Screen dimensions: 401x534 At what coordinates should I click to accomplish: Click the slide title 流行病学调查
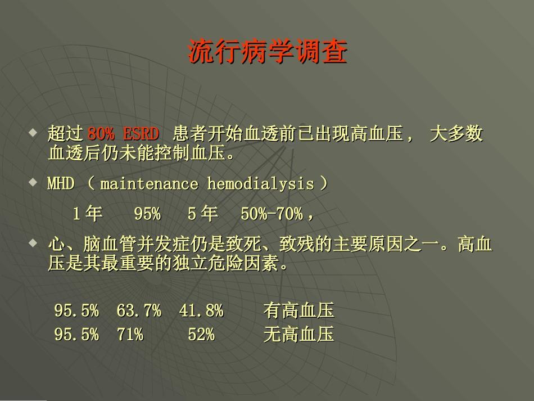(x=268, y=52)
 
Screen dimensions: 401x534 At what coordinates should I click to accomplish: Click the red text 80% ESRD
(x=123, y=134)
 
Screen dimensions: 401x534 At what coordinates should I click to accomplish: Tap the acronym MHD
(x=61, y=184)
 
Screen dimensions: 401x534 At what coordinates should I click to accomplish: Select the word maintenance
(x=149, y=184)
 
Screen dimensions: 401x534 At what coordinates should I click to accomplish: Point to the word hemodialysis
(x=260, y=184)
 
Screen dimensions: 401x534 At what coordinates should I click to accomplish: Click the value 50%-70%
(x=272, y=214)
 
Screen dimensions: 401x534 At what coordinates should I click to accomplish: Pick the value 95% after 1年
(x=147, y=214)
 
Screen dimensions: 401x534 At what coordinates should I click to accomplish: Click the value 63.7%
(x=139, y=310)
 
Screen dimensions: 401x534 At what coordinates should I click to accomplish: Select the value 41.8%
(x=201, y=310)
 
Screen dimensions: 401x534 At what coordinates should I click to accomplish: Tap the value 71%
(x=130, y=335)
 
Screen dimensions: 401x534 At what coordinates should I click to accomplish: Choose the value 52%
(x=201, y=335)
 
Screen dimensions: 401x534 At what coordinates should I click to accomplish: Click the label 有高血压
(x=298, y=310)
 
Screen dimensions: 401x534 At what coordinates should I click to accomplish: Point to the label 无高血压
(x=298, y=335)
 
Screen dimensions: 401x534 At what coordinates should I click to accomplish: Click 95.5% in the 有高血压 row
(x=76, y=310)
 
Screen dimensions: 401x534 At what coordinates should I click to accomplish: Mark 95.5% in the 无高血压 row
(x=76, y=335)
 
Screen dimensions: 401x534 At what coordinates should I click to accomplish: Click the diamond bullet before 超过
(x=33, y=133)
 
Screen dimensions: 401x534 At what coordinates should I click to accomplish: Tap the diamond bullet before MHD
(x=33, y=182)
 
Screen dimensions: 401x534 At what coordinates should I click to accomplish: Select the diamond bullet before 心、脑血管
(x=33, y=243)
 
